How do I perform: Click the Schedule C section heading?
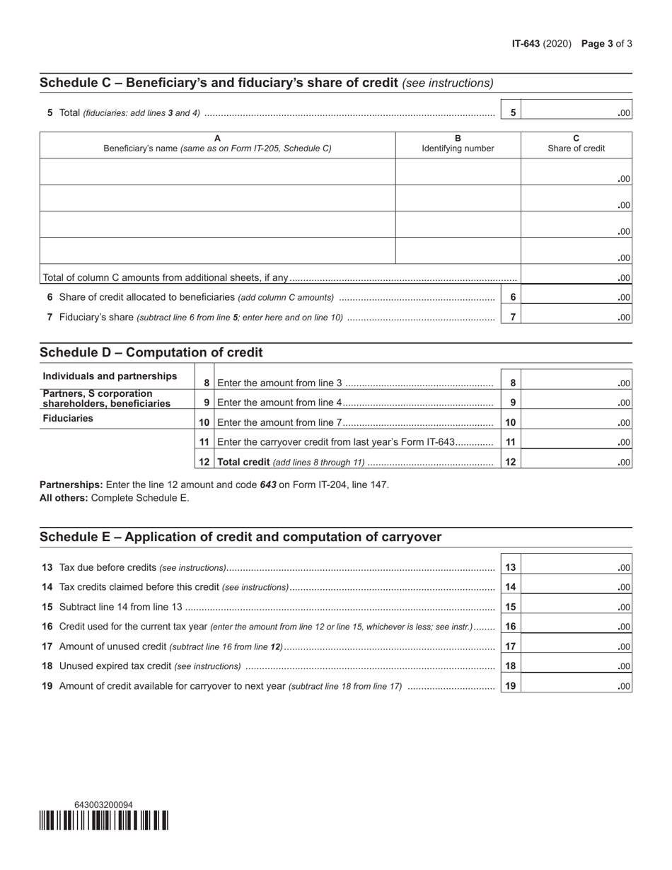[x=219, y=83]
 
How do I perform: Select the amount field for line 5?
[x=576, y=112]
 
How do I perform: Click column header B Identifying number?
[x=458, y=144]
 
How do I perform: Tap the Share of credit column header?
[x=576, y=144]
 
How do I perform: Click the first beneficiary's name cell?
[x=217, y=172]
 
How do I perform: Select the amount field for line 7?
[x=576, y=318]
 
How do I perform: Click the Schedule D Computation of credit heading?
[x=151, y=352]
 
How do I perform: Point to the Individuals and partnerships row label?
[x=110, y=376]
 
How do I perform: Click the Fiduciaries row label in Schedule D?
[x=68, y=418]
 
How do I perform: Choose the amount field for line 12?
[x=576, y=463]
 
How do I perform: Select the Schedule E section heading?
[x=241, y=537]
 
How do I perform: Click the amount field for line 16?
[x=576, y=627]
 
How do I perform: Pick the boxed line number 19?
[x=511, y=685]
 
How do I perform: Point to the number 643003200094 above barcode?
[x=103, y=804]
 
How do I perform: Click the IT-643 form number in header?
[x=526, y=44]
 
